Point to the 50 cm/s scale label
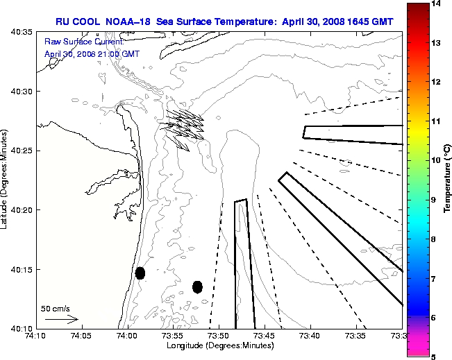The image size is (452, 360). tap(56, 309)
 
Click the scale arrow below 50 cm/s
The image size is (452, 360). tap(61, 319)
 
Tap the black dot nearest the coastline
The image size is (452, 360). tap(140, 273)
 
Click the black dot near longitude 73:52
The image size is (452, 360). tap(197, 286)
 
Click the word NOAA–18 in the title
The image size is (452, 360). tap(128, 22)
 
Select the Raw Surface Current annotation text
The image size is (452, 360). tap(74, 42)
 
